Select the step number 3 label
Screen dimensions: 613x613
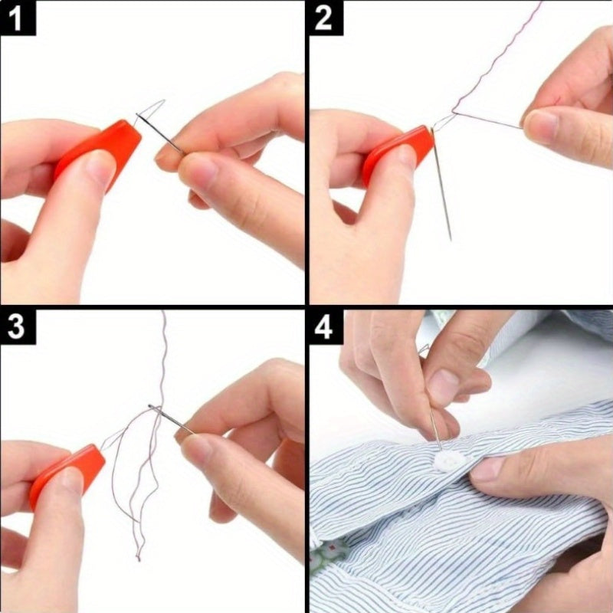click(x=16, y=328)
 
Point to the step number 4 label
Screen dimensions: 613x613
click(x=323, y=328)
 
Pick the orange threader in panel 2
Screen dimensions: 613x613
click(x=397, y=153)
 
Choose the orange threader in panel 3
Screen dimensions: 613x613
click(x=67, y=475)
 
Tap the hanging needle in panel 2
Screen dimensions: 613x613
click(x=441, y=184)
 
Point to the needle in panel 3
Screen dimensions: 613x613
click(x=171, y=419)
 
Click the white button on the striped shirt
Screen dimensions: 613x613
click(x=450, y=461)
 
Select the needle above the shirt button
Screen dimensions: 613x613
click(x=435, y=428)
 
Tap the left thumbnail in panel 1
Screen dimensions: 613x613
click(x=100, y=169)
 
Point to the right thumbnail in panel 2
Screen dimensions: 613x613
click(x=541, y=126)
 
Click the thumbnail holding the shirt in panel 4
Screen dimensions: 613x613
click(x=488, y=469)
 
